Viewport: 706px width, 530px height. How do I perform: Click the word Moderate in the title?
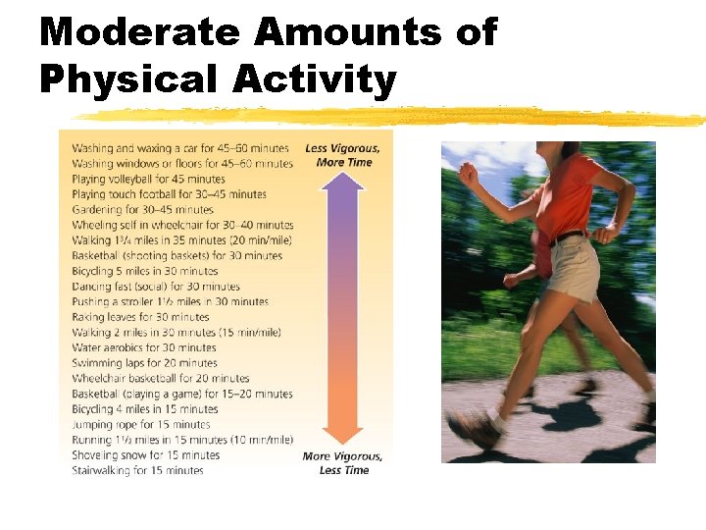(139, 32)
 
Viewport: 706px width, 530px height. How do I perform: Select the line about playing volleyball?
(148, 179)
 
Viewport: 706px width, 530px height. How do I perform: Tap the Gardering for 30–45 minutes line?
(142, 209)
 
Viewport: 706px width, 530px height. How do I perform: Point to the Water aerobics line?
(144, 347)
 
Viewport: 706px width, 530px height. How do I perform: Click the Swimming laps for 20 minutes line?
(144, 363)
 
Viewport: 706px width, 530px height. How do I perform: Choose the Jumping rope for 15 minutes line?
(140, 424)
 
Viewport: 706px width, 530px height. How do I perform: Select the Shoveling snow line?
(145, 455)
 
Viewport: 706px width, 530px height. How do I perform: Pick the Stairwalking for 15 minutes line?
(137, 470)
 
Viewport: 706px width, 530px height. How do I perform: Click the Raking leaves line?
(140, 317)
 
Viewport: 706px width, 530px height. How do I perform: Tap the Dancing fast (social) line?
(155, 287)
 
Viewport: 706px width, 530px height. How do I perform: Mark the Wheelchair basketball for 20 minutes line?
(160, 378)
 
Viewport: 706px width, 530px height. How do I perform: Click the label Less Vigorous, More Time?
(343, 155)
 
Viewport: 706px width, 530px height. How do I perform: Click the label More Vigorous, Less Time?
(343, 463)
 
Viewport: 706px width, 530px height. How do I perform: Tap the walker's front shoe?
(475, 428)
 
